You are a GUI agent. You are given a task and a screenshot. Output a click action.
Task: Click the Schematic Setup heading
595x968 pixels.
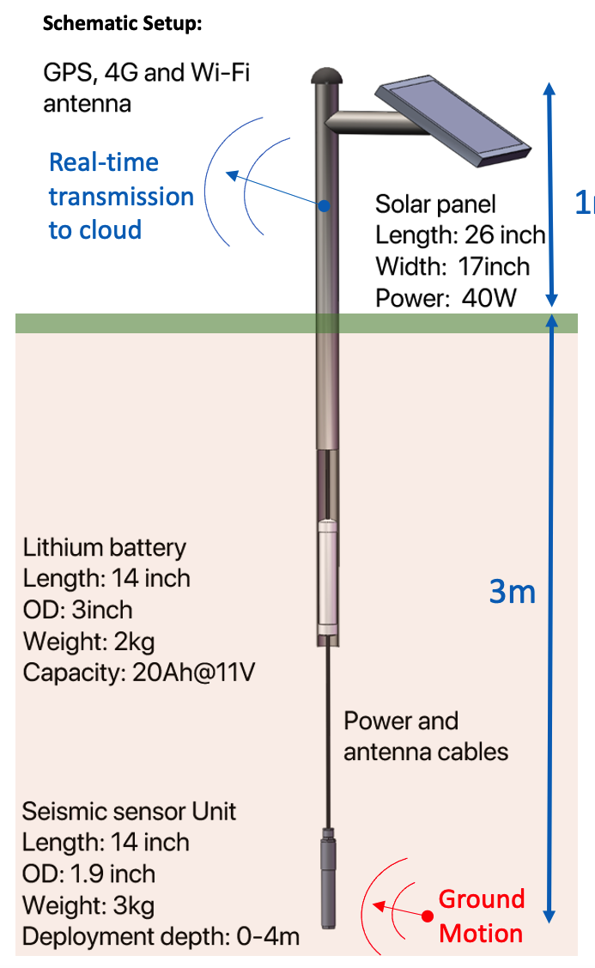point(122,23)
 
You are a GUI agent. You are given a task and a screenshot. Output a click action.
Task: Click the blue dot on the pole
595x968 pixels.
point(325,205)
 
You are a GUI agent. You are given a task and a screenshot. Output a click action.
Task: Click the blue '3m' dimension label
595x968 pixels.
point(512,591)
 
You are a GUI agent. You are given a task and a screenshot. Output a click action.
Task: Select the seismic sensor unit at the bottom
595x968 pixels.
point(327,878)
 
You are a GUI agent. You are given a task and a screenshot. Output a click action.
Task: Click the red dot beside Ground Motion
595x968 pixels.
point(427,916)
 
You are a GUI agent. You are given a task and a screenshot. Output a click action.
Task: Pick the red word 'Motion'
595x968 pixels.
point(481,934)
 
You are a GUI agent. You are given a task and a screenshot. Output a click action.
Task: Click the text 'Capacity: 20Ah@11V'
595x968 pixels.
point(139,672)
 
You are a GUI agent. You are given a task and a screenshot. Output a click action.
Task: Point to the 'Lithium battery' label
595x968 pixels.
point(105,548)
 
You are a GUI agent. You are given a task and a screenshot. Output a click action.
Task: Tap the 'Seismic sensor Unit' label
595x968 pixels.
point(130,812)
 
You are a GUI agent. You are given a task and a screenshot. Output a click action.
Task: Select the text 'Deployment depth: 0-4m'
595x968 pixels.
point(161,935)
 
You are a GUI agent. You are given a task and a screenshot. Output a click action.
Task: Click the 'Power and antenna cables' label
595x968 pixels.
point(426,736)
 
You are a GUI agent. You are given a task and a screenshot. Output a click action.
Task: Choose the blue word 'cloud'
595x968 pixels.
point(107,230)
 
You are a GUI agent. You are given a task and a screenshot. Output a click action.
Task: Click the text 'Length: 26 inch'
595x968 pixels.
point(461,235)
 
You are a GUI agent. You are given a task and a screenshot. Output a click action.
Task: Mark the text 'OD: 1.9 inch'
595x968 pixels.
point(89,874)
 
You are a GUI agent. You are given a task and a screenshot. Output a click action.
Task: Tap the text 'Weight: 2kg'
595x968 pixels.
point(89,641)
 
